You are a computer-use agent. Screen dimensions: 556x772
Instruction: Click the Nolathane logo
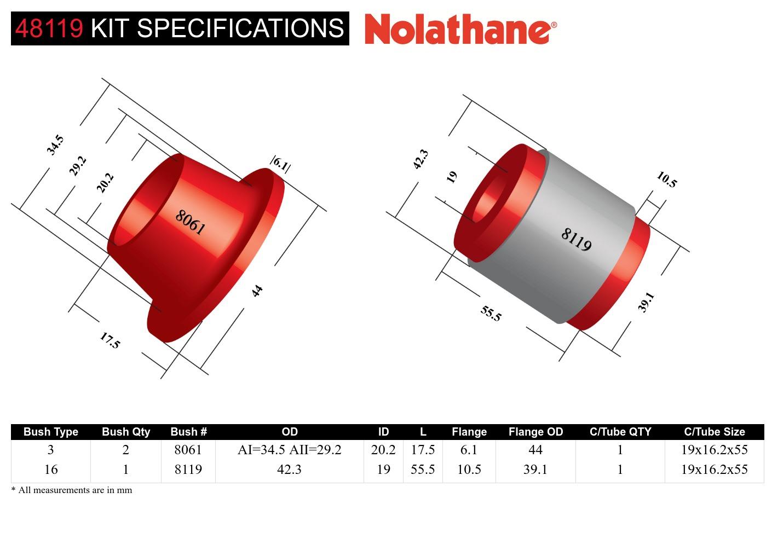460,28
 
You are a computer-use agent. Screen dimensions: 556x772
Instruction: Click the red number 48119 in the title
49,28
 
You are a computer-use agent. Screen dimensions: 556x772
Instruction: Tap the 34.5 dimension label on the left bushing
55,145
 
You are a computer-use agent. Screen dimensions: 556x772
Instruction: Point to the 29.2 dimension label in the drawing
78,165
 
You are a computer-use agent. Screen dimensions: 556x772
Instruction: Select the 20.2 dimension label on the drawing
105,182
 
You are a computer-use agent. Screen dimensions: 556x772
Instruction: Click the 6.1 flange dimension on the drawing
280,164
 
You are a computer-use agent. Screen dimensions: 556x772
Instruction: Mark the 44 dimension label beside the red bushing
257,291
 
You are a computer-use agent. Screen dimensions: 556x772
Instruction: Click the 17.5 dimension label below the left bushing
110,340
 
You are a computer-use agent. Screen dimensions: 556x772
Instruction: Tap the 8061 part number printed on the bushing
190,222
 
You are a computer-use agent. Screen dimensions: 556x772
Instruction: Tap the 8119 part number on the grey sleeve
576,239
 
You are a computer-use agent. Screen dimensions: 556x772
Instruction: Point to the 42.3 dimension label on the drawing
420,159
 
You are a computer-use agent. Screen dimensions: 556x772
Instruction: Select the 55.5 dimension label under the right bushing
491,313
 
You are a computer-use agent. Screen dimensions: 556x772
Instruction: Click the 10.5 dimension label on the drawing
666,179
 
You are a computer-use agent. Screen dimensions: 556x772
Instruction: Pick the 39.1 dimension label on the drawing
646,302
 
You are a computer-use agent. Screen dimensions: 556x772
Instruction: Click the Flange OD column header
535,432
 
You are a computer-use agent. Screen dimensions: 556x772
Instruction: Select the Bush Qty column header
125,432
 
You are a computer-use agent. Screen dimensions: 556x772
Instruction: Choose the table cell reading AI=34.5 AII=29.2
289,450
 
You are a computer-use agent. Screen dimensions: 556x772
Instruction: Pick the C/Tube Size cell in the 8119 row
714,470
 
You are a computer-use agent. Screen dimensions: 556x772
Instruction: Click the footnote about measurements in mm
72,490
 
